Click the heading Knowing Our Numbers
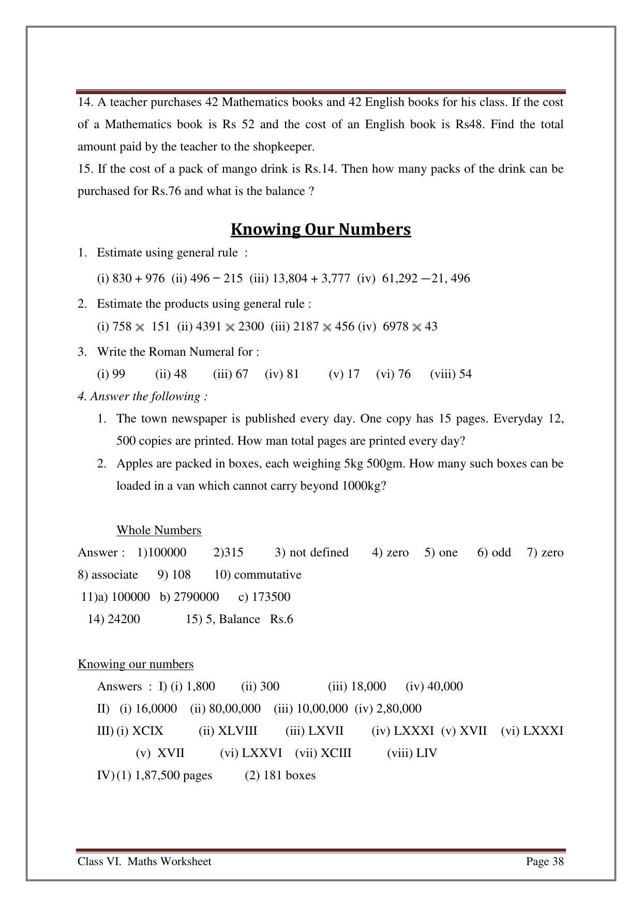[x=321, y=229]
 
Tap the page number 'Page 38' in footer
[x=544, y=861]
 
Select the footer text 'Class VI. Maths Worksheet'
[x=144, y=861]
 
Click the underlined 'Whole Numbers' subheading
[x=159, y=530]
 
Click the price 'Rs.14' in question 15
[x=320, y=169]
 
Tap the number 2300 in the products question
[x=251, y=326]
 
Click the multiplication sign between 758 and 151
[x=140, y=327]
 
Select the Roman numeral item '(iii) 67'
[x=230, y=374]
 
